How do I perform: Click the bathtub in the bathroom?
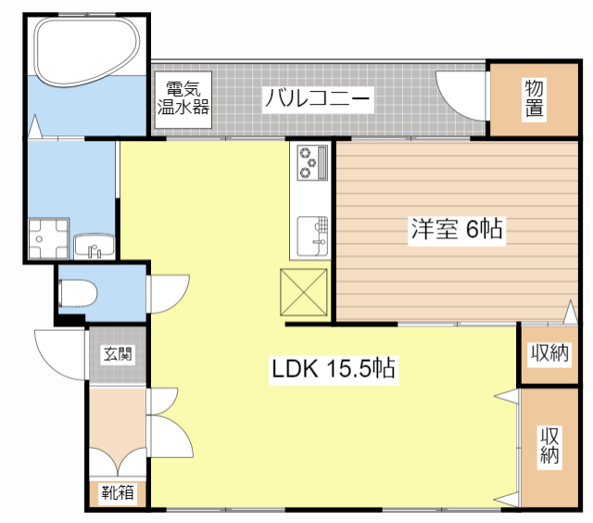(x=86, y=52)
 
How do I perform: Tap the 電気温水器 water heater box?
(x=183, y=100)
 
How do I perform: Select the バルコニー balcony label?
(x=318, y=99)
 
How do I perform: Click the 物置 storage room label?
(x=535, y=97)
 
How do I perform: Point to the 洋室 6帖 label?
(x=457, y=229)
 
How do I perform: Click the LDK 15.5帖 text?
(x=334, y=368)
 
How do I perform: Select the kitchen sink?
(x=312, y=236)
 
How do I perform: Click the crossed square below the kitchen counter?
(x=304, y=292)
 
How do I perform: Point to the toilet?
(x=78, y=292)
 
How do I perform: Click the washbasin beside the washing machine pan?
(x=95, y=246)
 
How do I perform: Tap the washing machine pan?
(x=49, y=238)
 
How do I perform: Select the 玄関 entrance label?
(x=118, y=354)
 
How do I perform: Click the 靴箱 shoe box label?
(x=118, y=493)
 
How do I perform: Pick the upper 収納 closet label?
(x=549, y=353)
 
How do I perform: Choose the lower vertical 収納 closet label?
(x=549, y=445)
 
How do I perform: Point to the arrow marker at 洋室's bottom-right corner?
(x=571, y=313)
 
